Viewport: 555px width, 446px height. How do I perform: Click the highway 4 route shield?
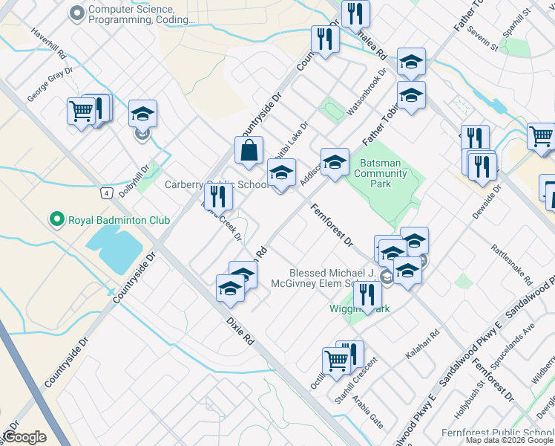pos(108,193)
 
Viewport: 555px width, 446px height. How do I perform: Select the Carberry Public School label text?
pos(215,184)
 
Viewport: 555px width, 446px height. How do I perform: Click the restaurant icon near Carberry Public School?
pos(218,196)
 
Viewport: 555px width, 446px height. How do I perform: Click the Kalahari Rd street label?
pos(422,344)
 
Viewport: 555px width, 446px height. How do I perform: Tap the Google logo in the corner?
pos(24,437)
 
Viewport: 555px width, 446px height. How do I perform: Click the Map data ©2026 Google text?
pos(509,440)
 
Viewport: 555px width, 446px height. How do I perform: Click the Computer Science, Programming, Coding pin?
pos(76,13)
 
